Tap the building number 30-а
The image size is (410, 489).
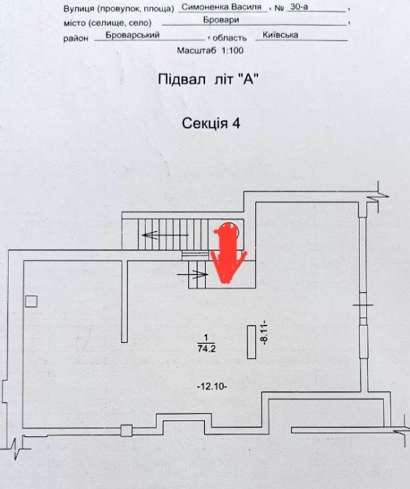[x=299, y=7]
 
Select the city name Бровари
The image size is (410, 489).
[x=221, y=20]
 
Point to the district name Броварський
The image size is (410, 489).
[x=133, y=35]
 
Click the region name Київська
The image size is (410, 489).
[x=280, y=35]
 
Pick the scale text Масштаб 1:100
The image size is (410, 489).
[x=210, y=50]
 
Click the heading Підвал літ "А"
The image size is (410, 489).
[x=208, y=80]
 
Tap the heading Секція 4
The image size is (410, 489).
[x=211, y=123]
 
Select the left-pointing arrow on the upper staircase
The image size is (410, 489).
[x=166, y=235]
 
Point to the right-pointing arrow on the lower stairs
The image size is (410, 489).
[x=193, y=274]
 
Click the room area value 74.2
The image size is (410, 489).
[x=206, y=348]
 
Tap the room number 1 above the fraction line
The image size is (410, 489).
[x=206, y=338]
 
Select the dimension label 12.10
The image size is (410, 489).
[x=212, y=387]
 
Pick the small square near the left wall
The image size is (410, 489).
[x=31, y=301]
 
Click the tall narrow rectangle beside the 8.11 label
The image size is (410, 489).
[x=252, y=342]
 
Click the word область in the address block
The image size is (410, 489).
[x=230, y=39]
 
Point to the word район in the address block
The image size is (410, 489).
[x=76, y=39]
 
